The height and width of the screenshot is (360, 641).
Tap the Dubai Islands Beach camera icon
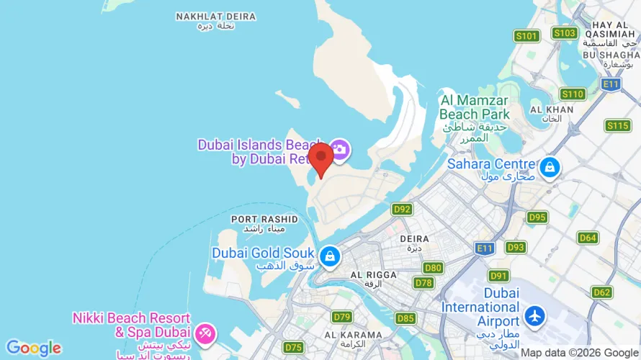[x=339, y=150]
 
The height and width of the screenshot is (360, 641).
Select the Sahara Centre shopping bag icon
[x=550, y=167]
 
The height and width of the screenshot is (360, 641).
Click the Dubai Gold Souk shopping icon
[x=329, y=256]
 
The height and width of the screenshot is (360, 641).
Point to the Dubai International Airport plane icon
[x=535, y=315]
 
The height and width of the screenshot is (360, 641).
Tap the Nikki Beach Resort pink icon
[x=205, y=333]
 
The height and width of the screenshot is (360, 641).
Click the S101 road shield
[x=527, y=36]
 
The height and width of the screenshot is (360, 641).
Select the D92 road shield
[x=402, y=210]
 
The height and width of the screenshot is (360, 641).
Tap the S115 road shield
[x=618, y=126]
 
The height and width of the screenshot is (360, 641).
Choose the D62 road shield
[x=601, y=292]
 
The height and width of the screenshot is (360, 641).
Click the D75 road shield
[x=293, y=348]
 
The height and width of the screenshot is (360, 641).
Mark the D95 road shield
[x=537, y=217]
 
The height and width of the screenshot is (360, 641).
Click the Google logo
[x=33, y=348]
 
